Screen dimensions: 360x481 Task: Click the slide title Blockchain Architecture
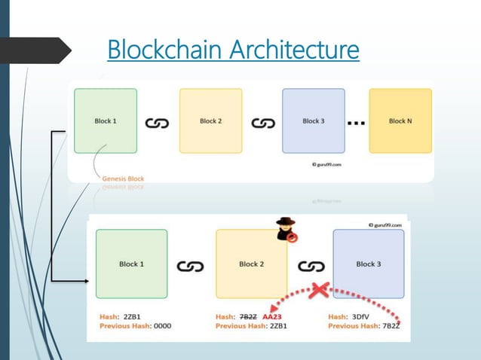tap(233, 50)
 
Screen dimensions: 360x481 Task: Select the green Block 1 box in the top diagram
tap(105, 121)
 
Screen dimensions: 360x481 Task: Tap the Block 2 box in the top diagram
tap(210, 121)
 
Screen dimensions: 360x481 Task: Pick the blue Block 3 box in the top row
tap(313, 121)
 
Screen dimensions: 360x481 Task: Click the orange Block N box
tap(400, 121)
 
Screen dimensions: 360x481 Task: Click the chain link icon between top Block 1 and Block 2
tap(158, 122)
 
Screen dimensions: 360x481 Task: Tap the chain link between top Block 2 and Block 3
tap(262, 122)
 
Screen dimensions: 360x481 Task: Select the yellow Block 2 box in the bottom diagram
tap(251, 264)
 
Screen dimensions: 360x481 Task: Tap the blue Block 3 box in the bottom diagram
tap(369, 264)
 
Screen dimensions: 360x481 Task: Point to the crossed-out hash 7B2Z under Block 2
tap(248, 316)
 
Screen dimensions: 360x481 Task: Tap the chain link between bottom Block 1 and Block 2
tap(190, 266)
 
